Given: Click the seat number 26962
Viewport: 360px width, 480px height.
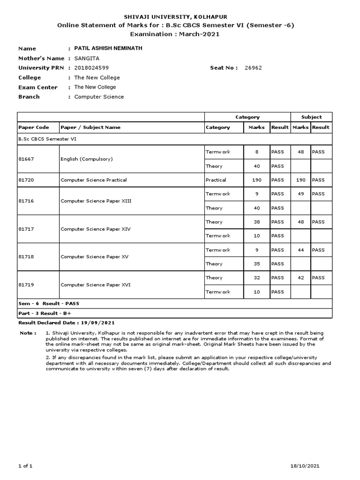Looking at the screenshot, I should tap(253, 68).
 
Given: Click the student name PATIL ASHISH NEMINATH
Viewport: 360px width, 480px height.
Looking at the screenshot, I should tap(105, 48).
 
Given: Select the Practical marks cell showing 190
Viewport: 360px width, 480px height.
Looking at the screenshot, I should tap(256, 180).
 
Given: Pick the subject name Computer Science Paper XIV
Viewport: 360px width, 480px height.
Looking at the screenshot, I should tap(96, 229).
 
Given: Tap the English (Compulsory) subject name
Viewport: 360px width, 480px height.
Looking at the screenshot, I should tap(87, 159).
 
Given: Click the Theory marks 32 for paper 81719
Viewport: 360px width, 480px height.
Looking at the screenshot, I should tap(256, 278).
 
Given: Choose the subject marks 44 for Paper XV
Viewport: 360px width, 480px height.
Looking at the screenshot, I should tap(301, 250).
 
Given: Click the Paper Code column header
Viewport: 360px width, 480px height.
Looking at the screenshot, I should tap(33, 127).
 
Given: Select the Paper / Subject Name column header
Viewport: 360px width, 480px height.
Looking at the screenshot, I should tap(90, 127).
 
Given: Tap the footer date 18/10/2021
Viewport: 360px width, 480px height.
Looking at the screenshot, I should tap(305, 466).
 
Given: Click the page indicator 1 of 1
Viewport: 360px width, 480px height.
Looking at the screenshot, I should tap(25, 466).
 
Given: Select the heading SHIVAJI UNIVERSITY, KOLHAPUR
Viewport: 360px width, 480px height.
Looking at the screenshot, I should tap(180, 16).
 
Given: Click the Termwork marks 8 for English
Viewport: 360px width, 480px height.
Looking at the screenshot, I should tap(256, 152).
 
